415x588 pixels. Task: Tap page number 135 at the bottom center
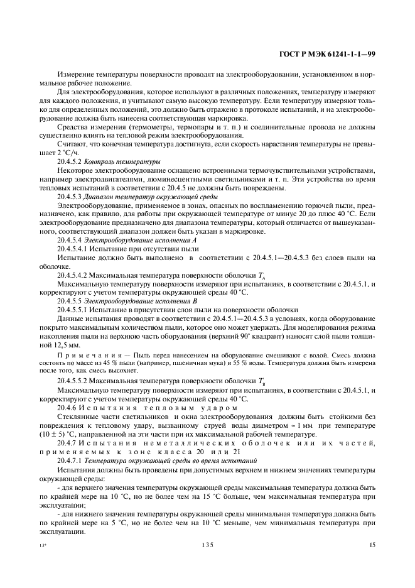pos(207,545)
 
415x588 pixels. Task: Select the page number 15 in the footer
pos(372,545)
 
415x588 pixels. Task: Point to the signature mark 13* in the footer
pos(42,546)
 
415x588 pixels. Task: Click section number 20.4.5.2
pos(70,161)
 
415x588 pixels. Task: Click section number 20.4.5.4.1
pos(73,249)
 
